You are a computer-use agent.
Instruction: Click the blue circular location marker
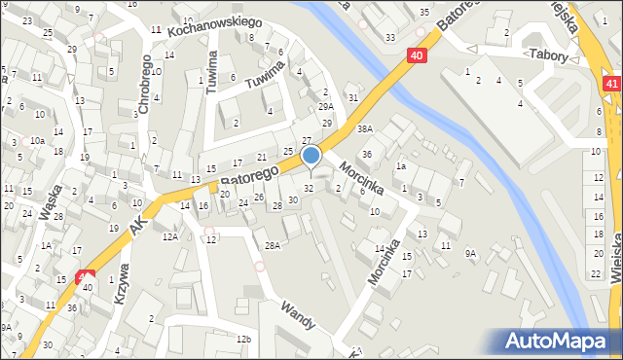pos(311,155)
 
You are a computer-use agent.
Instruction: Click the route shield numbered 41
pos(611,86)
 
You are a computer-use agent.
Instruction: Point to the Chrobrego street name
pos(144,85)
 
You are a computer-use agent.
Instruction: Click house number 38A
pos(364,128)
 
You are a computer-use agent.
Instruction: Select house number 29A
pos(327,106)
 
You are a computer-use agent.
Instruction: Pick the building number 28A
pos(273,246)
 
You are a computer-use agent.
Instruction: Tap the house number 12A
pos(169,236)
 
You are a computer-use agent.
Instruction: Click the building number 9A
pos(470,253)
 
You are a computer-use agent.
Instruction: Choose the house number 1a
pos(400,166)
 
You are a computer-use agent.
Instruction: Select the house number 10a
pos(36,140)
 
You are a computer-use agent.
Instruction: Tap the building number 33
pos(389,37)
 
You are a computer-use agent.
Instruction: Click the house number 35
pos(423,12)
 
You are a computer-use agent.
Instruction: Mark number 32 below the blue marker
pos(309,188)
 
